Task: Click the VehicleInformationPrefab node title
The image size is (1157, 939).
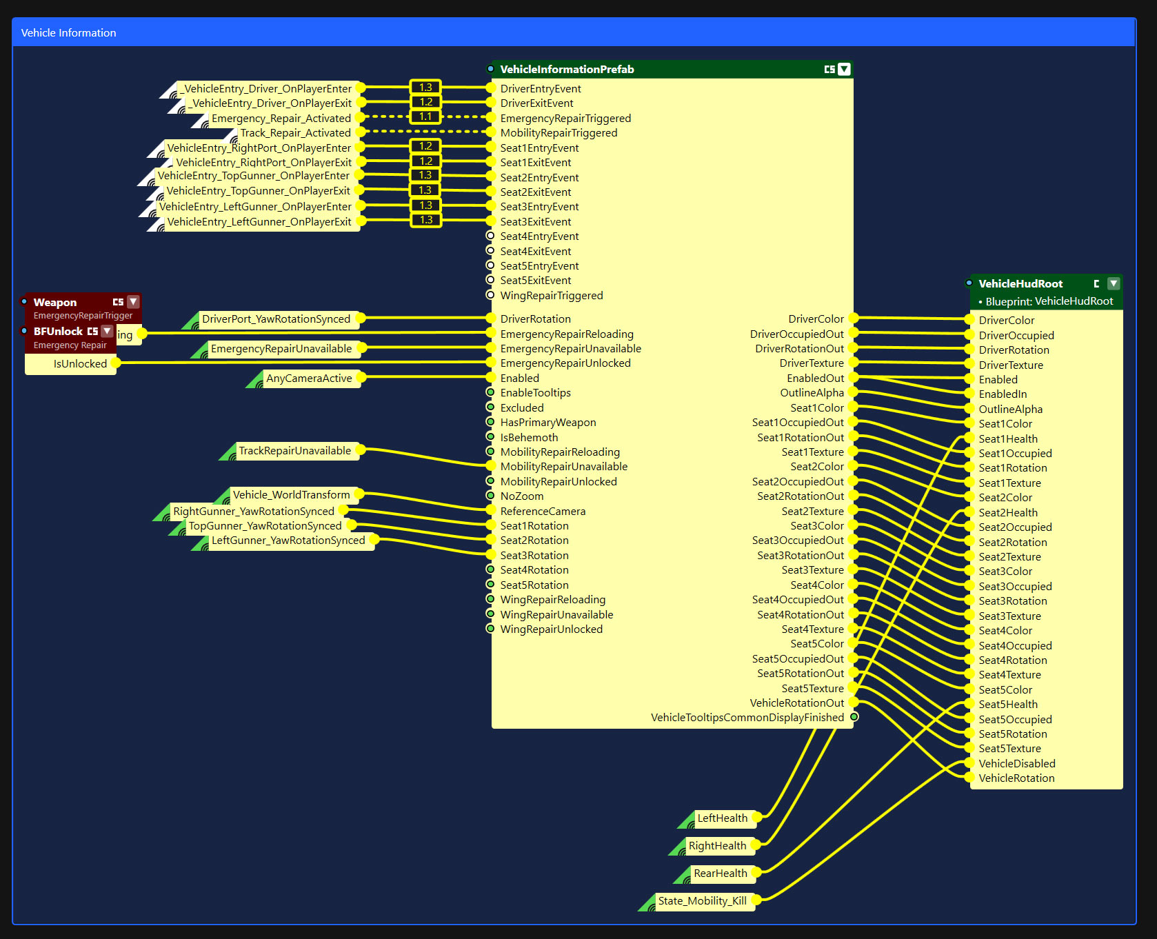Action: [x=567, y=70]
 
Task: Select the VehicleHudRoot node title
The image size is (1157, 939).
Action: [x=1020, y=284]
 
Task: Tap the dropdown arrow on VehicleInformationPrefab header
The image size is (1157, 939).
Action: [x=844, y=69]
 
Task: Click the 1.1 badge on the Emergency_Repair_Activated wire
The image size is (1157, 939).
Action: [x=425, y=117]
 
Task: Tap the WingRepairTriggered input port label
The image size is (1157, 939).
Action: [x=552, y=296]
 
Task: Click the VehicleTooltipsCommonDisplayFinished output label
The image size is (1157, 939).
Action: [x=747, y=718]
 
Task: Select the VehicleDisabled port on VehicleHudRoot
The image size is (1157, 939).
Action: [x=1017, y=764]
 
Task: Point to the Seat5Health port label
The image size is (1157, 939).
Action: [x=1008, y=705]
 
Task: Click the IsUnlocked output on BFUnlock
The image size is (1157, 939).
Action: [x=80, y=364]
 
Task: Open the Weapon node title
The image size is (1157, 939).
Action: [x=55, y=303]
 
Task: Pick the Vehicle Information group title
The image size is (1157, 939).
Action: [x=68, y=33]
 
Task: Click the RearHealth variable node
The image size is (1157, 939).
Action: [x=721, y=874]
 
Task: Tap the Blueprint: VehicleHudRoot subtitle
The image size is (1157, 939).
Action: [x=1049, y=302]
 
